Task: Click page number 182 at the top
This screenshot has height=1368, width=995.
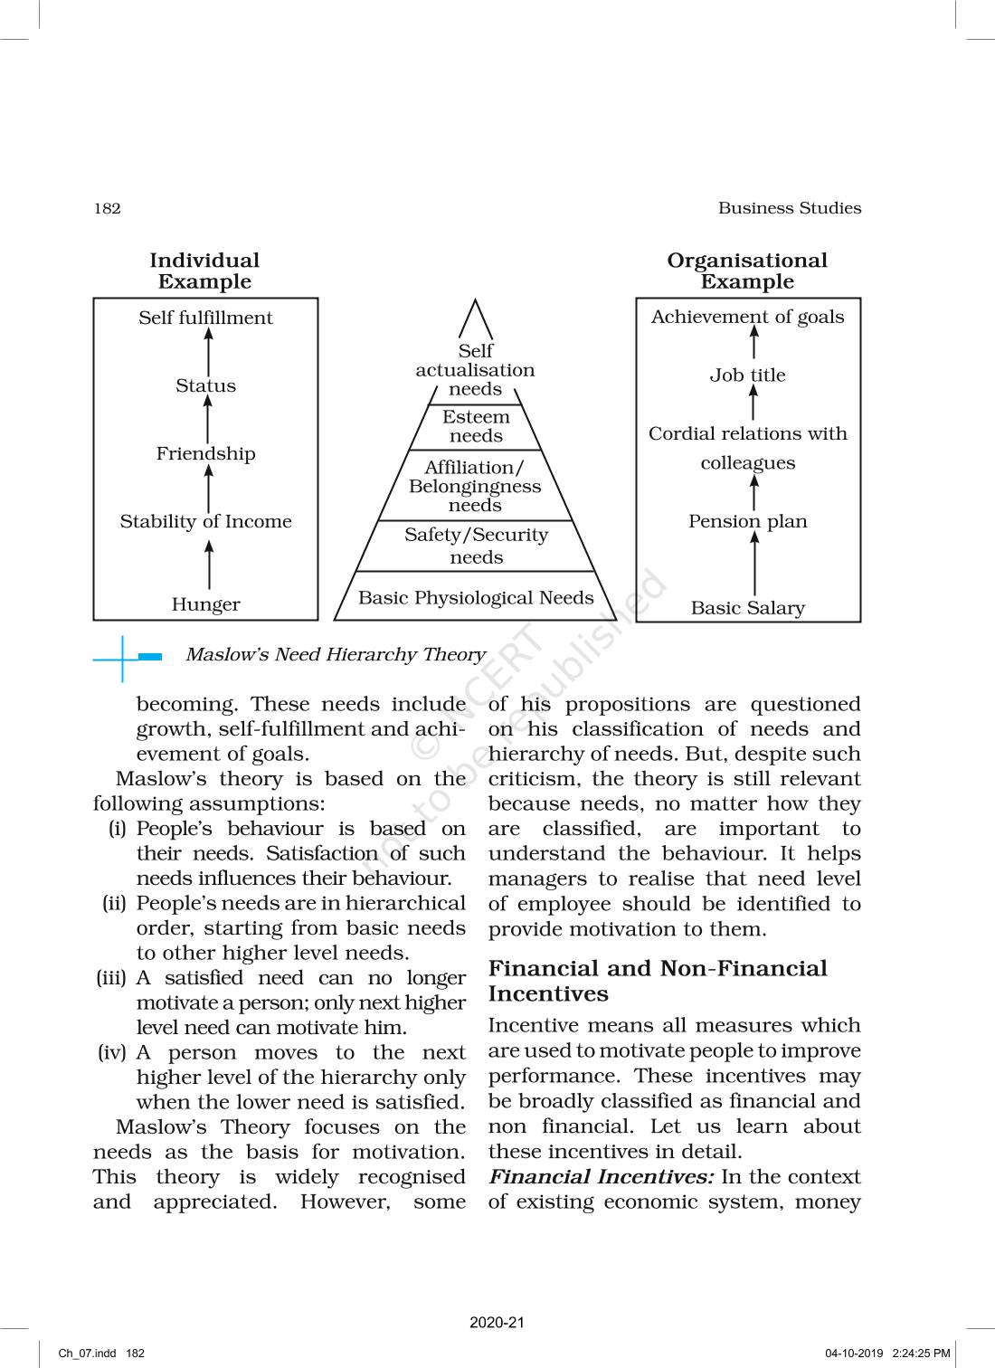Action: (x=107, y=208)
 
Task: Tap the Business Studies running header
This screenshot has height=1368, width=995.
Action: (x=789, y=208)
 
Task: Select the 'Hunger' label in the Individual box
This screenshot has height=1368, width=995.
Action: (x=205, y=604)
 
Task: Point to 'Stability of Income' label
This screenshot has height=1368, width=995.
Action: (x=205, y=521)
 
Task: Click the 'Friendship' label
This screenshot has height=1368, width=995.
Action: (x=205, y=453)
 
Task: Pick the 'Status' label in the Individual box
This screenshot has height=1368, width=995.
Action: (x=205, y=385)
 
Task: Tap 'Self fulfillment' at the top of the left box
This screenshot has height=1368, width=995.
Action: (x=205, y=318)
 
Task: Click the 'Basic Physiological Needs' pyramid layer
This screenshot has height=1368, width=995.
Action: (x=476, y=597)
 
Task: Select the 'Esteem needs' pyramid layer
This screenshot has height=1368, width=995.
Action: (x=476, y=426)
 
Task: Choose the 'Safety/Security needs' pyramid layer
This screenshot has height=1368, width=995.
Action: (x=476, y=546)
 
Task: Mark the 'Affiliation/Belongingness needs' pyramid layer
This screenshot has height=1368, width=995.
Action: (x=476, y=486)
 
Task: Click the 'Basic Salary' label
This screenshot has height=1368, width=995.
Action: (x=747, y=608)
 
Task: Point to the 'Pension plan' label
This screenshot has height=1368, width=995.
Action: (x=747, y=521)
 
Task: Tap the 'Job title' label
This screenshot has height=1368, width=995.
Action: (x=747, y=375)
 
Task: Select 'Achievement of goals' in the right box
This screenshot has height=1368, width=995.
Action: (x=747, y=317)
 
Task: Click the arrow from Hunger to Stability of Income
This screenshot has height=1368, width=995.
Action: (x=209, y=564)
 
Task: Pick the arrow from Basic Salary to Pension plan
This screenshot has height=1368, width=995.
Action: (x=754, y=563)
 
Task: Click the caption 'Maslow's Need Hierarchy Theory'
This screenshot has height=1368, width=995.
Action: (x=336, y=654)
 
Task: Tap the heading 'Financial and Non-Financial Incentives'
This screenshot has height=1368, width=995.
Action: (x=658, y=981)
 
